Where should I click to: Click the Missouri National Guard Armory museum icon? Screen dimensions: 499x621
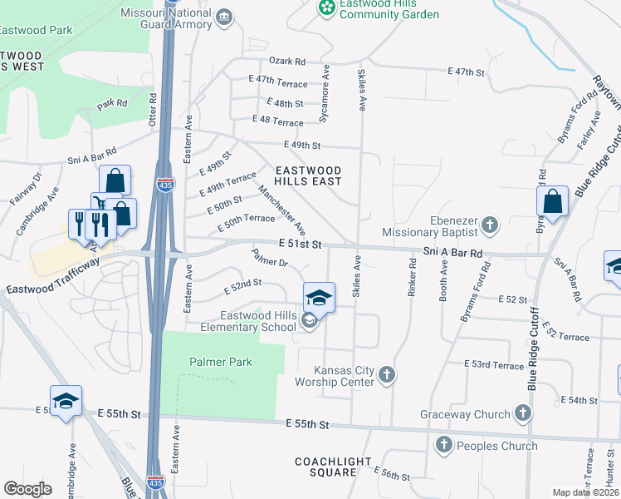(223, 17)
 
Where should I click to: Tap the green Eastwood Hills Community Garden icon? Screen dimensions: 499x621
(327, 7)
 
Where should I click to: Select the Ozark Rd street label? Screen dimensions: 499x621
(287, 62)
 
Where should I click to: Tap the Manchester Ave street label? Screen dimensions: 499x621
(282, 210)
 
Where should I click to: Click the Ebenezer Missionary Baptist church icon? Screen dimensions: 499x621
(490, 225)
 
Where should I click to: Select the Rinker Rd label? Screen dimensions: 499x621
(412, 274)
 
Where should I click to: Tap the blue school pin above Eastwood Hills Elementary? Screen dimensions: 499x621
(318, 297)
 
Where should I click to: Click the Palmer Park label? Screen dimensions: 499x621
(220, 363)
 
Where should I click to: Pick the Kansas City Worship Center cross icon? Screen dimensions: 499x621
(386, 375)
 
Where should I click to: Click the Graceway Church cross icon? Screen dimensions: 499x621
(522, 413)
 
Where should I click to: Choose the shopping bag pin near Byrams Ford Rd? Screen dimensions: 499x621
(552, 201)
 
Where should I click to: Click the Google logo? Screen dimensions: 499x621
(27, 489)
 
